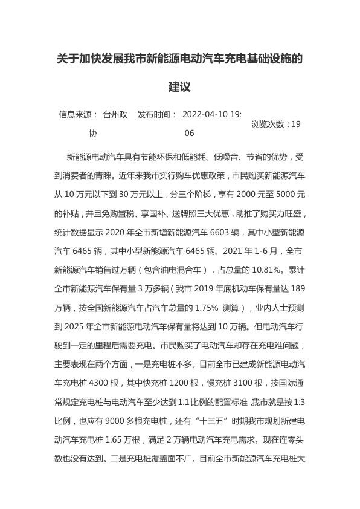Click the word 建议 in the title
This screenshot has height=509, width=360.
click(x=179, y=87)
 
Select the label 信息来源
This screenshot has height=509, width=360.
click(x=78, y=114)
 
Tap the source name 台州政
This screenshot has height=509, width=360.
click(x=115, y=114)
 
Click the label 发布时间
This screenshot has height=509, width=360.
click(x=157, y=114)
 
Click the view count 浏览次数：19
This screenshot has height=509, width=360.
click(x=275, y=124)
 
